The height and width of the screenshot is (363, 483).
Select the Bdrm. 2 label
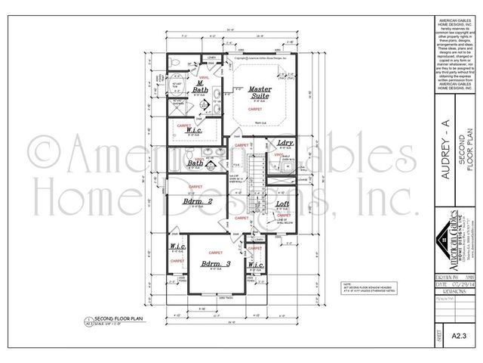tap(197, 202)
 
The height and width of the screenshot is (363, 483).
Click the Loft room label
tap(282, 204)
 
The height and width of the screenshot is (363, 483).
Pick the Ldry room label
tap(285, 143)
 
